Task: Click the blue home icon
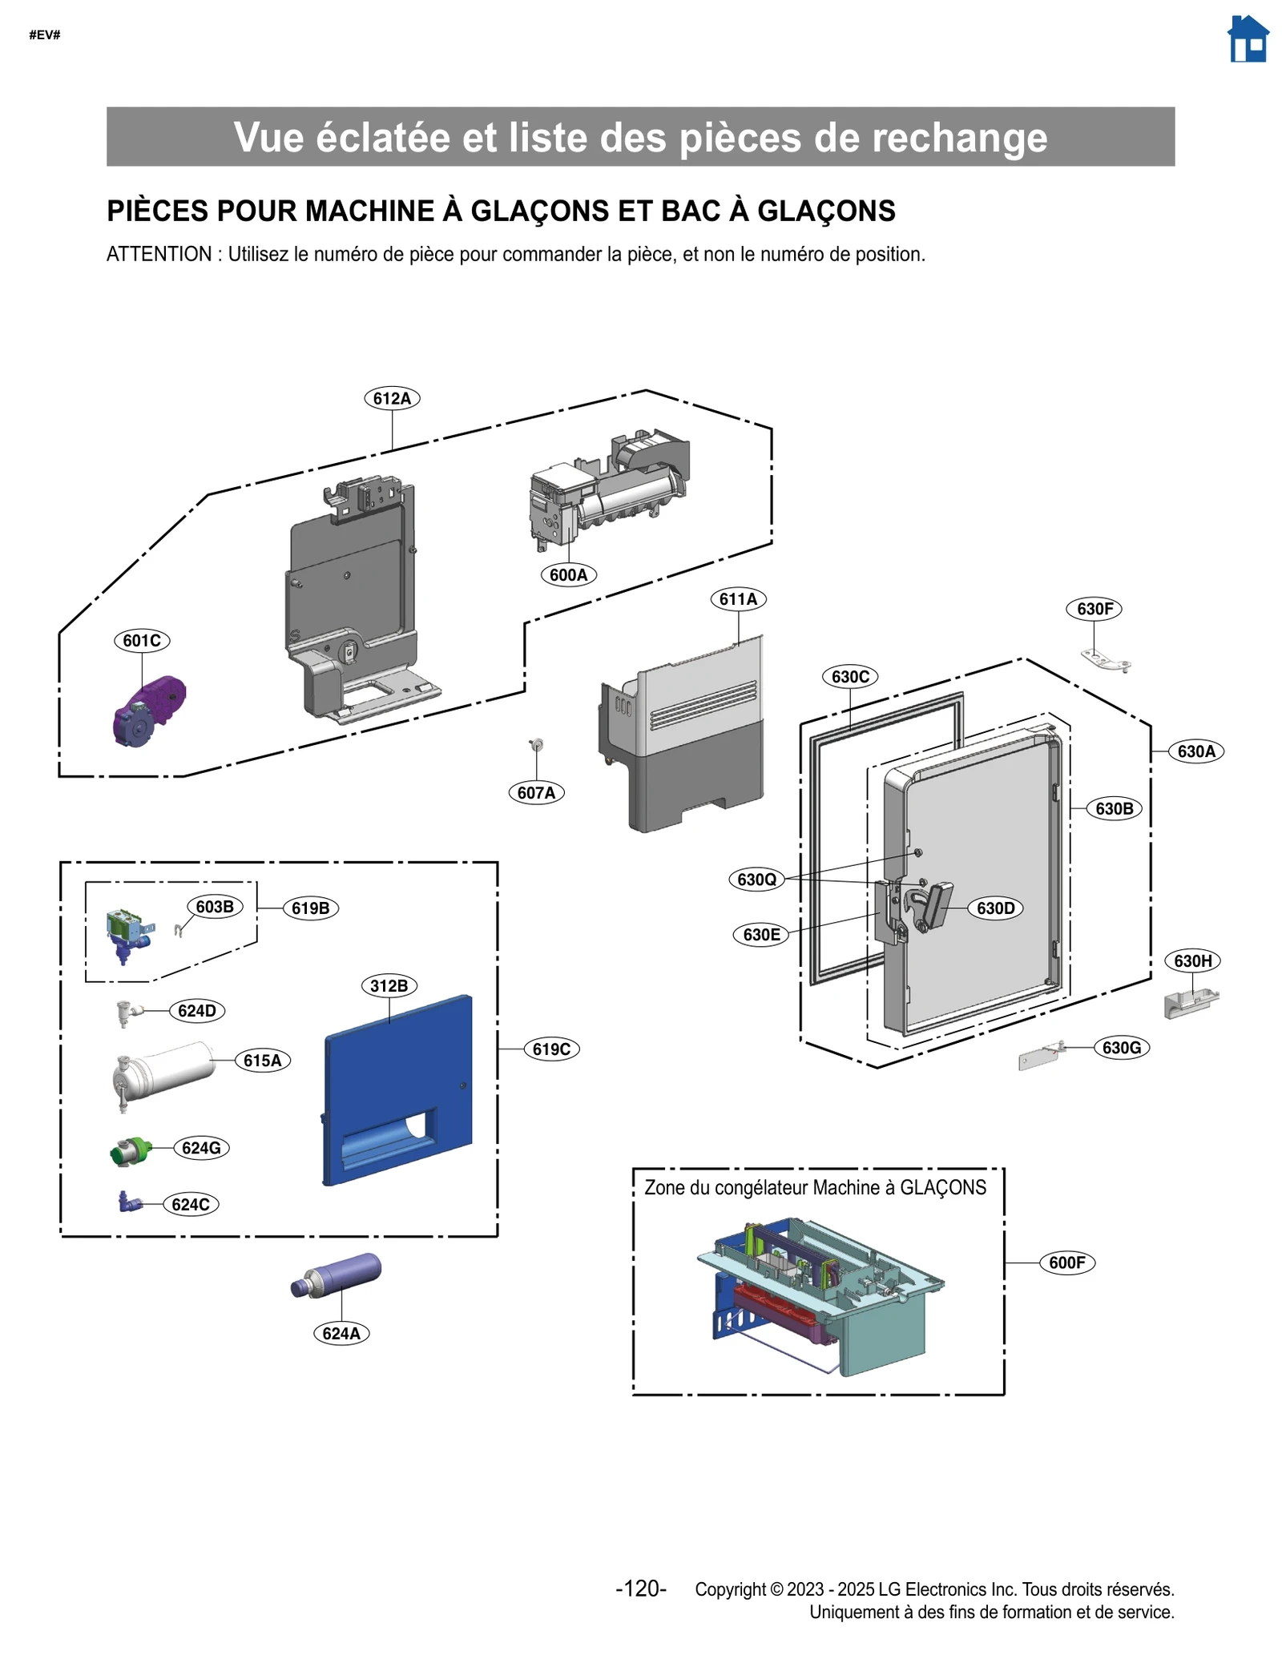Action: (x=1247, y=39)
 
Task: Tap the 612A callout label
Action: (x=392, y=398)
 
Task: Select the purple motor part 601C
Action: (x=149, y=711)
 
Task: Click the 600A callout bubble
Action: (x=568, y=574)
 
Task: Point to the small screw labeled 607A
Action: (x=537, y=746)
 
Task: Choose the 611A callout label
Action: (x=738, y=598)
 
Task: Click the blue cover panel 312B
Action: (x=398, y=1089)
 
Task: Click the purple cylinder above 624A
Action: (x=337, y=1274)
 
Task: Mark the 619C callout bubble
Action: (x=551, y=1049)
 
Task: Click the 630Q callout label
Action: (x=756, y=879)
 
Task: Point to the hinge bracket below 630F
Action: (x=1106, y=659)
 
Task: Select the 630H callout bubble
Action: (x=1192, y=960)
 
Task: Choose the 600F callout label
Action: (x=1066, y=1262)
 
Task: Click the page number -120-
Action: (x=640, y=1589)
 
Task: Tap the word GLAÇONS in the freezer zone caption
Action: (x=943, y=1187)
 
